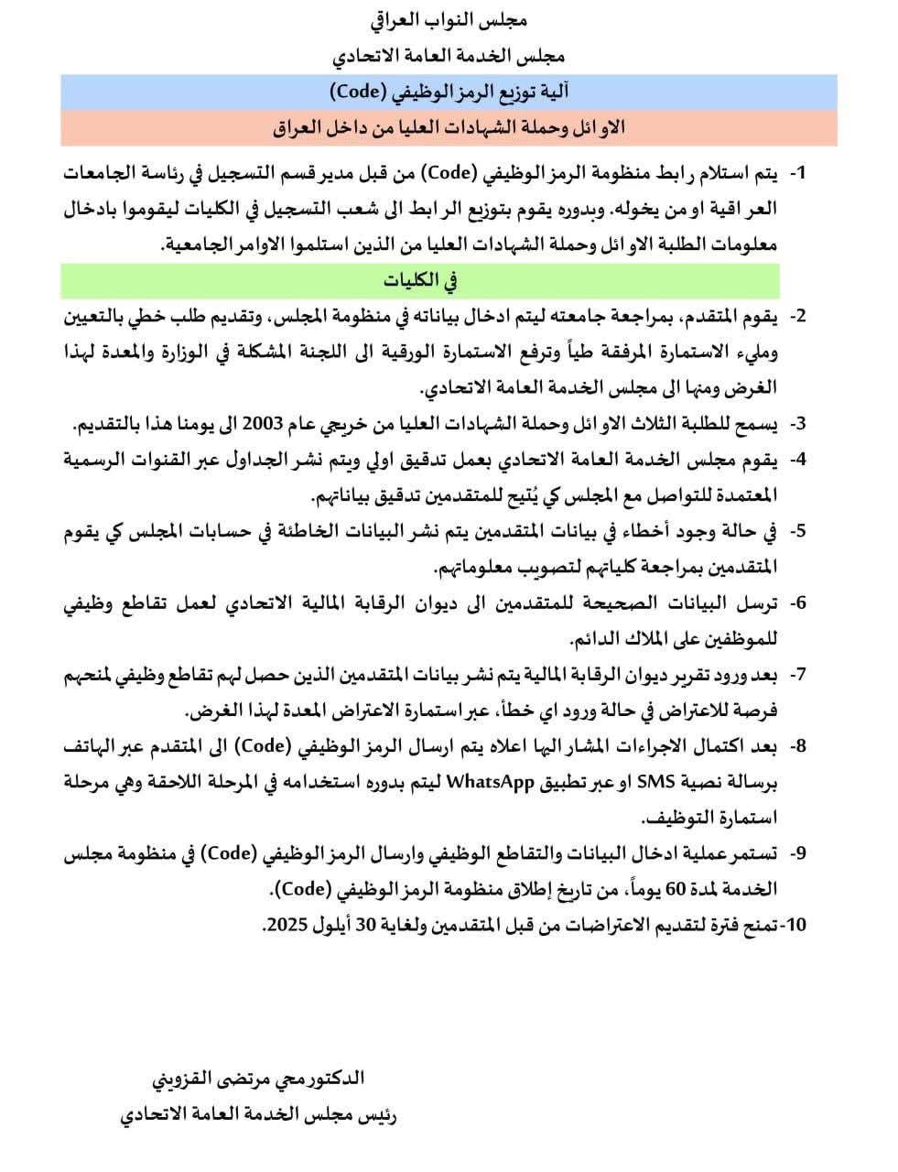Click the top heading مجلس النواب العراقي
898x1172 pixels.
[x=449, y=20]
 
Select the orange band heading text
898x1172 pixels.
[x=449, y=127]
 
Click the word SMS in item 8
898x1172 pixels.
[x=568, y=782]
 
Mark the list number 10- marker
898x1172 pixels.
[x=793, y=925]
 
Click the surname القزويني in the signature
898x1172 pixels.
[x=188, y=1079]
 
